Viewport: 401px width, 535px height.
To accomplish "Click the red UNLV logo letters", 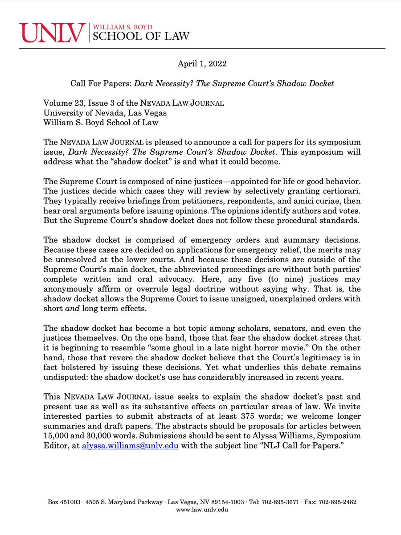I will coord(52,33).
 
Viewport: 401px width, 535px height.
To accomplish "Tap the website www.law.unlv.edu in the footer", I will coord(202,510).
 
